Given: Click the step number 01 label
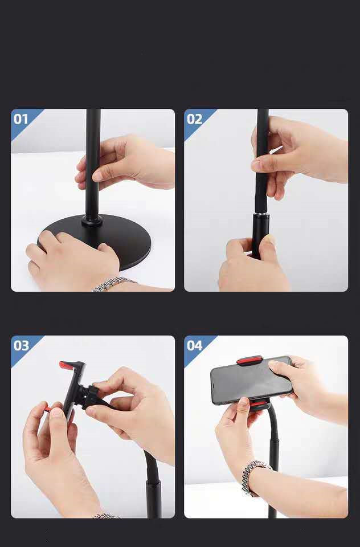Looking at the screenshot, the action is coord(21,119).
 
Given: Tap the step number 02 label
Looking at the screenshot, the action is coord(194,119).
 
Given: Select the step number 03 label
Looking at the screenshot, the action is coord(21,346).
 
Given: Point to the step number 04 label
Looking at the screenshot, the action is coord(194,346).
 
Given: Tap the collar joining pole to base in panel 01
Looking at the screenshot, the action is coord(92,220).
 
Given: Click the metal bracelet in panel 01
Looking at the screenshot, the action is coord(113,283).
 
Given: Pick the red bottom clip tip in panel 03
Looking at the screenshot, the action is coord(48,409).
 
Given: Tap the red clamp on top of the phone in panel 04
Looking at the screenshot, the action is coord(249,360).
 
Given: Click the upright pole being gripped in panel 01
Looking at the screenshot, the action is coord(93,164).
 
